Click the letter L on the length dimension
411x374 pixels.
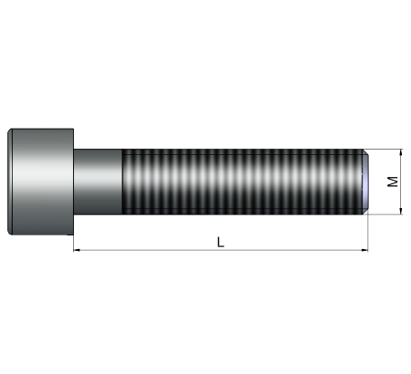point(221,242)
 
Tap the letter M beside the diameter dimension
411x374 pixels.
point(393,182)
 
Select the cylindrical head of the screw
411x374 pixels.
point(40,182)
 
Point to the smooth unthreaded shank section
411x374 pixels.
point(98,182)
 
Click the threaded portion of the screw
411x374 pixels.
point(243,182)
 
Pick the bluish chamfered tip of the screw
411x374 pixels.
point(366,182)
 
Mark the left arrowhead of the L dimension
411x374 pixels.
point(77,250)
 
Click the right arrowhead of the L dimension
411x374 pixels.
point(364,250)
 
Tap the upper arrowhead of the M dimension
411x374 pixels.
point(401,152)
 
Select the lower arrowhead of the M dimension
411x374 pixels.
point(401,211)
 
